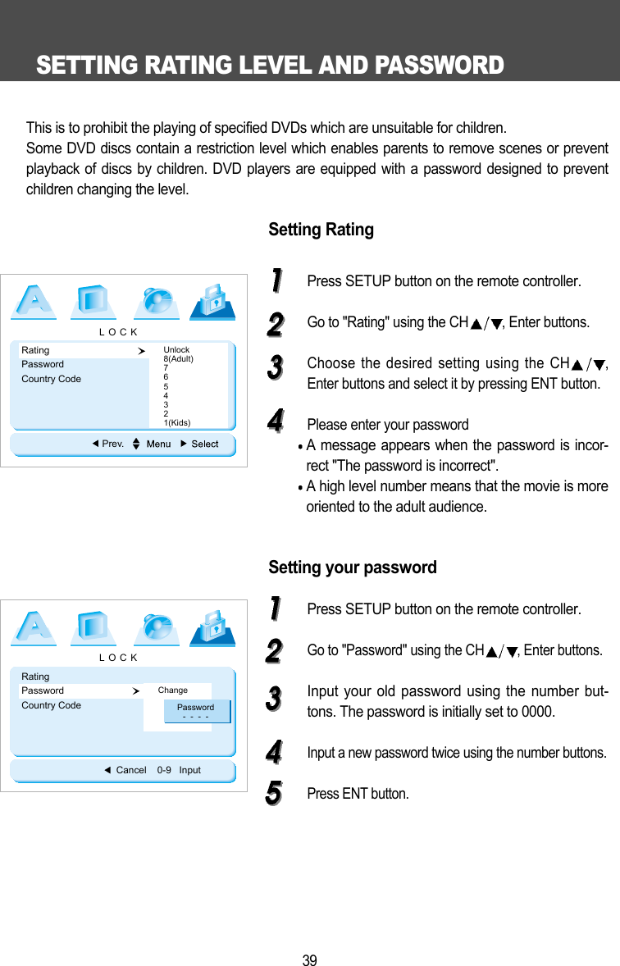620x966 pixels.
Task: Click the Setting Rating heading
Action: (321, 230)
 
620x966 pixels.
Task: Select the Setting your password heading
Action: (353, 567)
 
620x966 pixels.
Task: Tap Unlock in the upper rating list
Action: (176, 350)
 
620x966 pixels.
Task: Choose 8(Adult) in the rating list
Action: (178, 359)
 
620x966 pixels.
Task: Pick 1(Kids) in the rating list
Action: (177, 422)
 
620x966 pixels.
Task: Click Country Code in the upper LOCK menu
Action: (51, 379)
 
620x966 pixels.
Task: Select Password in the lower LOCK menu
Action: (43, 690)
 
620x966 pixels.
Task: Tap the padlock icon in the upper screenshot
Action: (213, 301)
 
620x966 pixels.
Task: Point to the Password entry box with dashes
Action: (195, 711)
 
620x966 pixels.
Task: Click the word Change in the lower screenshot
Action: (172, 690)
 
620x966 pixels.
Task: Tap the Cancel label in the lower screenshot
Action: (131, 770)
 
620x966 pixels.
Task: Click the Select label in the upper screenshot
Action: (205, 444)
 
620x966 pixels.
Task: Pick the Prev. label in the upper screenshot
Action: (112, 444)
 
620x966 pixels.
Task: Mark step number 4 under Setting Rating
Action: (276, 423)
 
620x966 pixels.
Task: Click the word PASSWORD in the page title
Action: (438, 66)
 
